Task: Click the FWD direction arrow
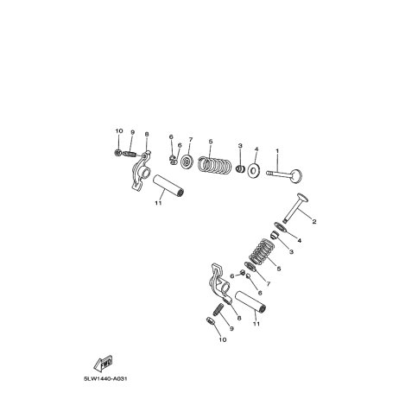click(103, 364)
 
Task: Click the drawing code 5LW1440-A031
click(105, 378)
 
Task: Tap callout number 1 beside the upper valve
click(277, 151)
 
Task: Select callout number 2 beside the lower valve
click(314, 222)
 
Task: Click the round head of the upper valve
click(296, 175)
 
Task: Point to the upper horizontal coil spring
click(215, 166)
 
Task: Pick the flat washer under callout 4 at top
click(253, 171)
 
